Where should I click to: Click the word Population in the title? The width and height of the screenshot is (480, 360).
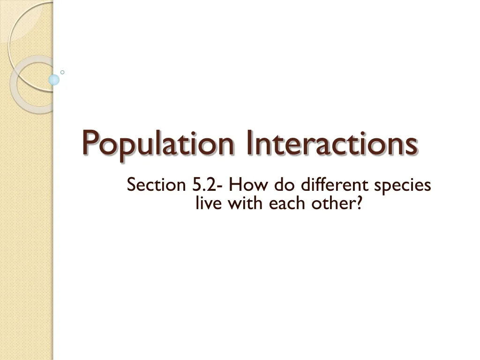(x=159, y=145)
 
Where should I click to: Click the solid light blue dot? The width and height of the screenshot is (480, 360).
(x=54, y=80)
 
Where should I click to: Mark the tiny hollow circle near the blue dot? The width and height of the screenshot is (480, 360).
(x=62, y=72)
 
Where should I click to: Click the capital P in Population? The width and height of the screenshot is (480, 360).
(x=90, y=144)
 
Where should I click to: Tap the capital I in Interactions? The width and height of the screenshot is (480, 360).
(x=247, y=144)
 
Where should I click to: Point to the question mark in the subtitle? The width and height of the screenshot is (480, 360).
(x=359, y=203)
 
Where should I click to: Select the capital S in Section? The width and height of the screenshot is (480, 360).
(x=131, y=185)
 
